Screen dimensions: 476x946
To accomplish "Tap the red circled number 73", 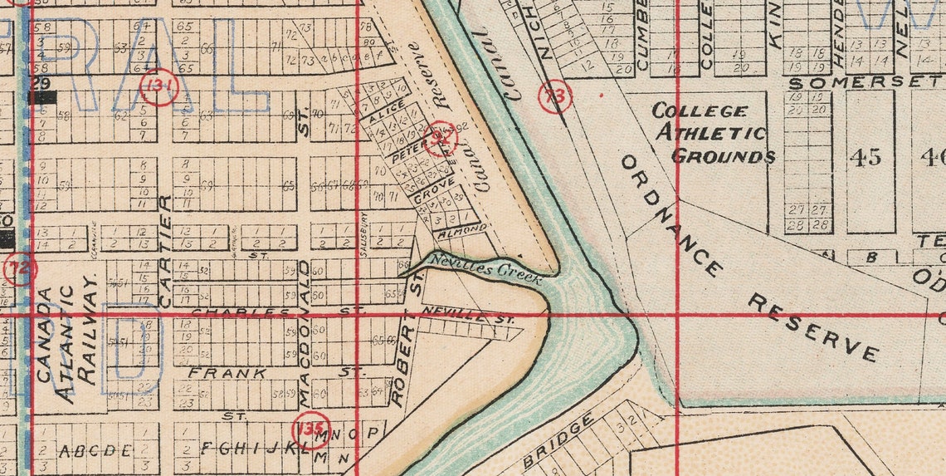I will [x=555, y=96].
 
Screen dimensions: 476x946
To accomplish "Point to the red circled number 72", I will [x=19, y=268].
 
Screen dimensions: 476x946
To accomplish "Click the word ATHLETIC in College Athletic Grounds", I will [x=711, y=133].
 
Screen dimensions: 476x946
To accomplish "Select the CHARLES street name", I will [x=241, y=312].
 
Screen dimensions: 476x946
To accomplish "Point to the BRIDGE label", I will [x=558, y=440].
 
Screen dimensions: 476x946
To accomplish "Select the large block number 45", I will [x=866, y=157].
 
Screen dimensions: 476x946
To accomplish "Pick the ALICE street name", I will [x=388, y=112].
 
